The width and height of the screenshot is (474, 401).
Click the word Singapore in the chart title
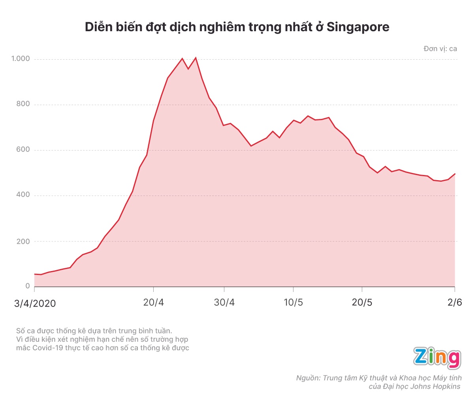click(358, 27)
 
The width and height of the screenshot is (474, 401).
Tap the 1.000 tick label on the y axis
click(21, 59)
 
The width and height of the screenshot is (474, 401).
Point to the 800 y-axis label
click(23, 104)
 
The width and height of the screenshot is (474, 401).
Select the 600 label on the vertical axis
click(23, 150)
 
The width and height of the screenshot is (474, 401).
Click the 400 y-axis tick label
click(23, 195)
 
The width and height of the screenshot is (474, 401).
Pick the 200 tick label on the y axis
click(23, 241)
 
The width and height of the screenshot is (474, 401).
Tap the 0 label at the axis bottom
click(28, 286)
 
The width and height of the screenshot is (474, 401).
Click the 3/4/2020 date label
click(35, 303)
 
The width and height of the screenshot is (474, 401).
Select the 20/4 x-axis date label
click(153, 303)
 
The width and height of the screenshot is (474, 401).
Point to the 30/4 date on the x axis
click(224, 303)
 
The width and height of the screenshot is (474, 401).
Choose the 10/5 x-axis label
click(293, 303)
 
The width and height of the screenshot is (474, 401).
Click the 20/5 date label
click(362, 303)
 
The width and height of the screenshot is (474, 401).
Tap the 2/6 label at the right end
click(455, 303)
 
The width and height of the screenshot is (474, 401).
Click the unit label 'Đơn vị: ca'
click(440, 49)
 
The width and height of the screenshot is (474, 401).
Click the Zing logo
click(437, 358)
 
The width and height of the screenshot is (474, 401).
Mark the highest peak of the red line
click(196, 58)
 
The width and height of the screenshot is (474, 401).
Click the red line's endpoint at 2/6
click(455, 174)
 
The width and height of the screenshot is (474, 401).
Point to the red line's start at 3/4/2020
click(35, 274)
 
